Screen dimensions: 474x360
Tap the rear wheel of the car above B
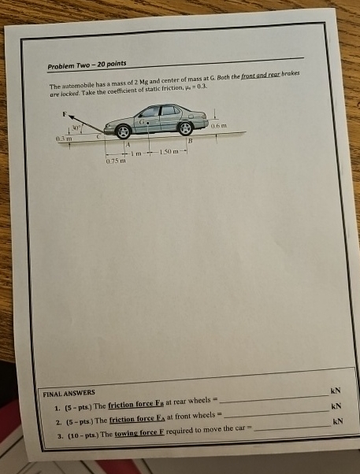[185, 128]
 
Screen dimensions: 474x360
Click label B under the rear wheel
[189, 139]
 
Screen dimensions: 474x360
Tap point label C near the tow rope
[98, 137]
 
